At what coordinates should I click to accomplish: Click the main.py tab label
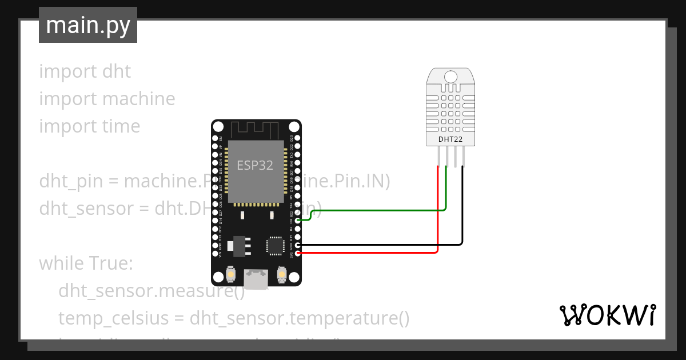[87, 25]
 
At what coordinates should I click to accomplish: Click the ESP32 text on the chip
[255, 166]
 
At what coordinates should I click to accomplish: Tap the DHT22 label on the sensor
[450, 139]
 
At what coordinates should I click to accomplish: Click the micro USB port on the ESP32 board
[256, 279]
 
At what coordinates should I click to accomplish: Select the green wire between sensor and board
[377, 210]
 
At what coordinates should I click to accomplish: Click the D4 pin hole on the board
[297, 221]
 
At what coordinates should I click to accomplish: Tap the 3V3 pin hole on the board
[297, 253]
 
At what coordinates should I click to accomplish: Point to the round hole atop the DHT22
[450, 77]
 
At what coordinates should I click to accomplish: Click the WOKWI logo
[607, 315]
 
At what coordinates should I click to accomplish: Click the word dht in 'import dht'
[117, 71]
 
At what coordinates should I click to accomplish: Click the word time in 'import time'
[121, 126]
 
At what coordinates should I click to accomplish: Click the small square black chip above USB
[274, 245]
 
